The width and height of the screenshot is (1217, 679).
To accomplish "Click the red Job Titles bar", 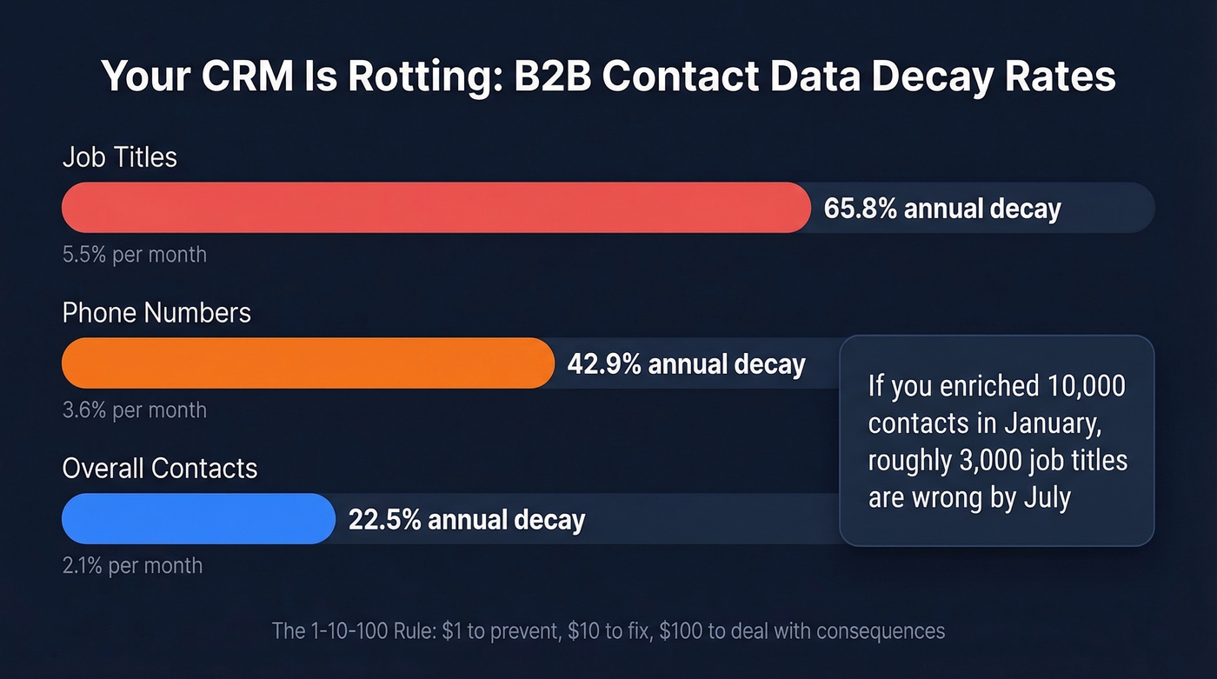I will click(435, 208).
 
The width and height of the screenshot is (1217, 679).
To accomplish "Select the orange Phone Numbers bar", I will click(308, 363).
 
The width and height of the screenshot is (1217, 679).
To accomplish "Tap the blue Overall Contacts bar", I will click(198, 519).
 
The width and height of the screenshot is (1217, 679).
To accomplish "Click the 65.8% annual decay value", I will click(942, 210).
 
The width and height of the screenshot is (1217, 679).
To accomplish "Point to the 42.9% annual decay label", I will click(686, 364).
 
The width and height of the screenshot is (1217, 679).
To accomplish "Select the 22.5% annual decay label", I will click(467, 520).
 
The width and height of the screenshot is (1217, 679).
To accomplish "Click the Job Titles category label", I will click(119, 157).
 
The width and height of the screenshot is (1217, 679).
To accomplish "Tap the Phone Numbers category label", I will click(156, 313).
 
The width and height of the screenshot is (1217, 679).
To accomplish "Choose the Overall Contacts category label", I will click(160, 469).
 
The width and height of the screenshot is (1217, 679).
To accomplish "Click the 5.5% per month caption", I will click(134, 255).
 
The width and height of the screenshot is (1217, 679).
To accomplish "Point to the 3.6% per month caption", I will click(134, 409).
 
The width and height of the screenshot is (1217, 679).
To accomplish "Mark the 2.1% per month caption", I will click(132, 565).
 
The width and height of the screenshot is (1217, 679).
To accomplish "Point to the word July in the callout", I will click(1042, 498).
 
